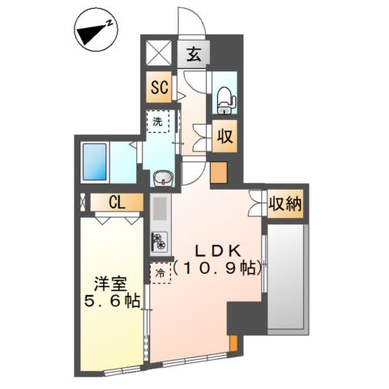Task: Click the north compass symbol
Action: tap(96, 33)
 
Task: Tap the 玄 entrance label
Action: tap(194, 55)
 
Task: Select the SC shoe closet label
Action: tap(160, 88)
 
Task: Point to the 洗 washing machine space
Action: tap(158, 122)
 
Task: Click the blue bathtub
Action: tap(94, 161)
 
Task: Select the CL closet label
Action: tap(117, 203)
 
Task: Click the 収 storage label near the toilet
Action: tap(225, 136)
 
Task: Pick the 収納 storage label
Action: tap(285, 204)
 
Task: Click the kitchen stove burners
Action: tap(160, 241)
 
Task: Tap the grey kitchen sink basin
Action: tap(160, 208)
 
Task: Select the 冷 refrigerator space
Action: tap(160, 273)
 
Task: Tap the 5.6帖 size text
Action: tap(112, 301)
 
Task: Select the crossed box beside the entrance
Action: tap(159, 53)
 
